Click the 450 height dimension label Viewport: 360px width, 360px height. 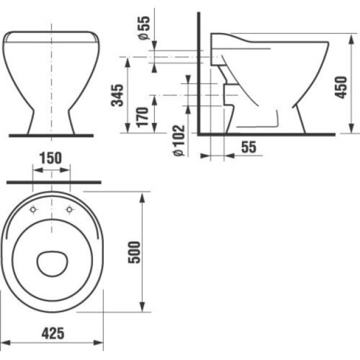[341, 88]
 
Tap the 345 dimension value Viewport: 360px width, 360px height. [117, 95]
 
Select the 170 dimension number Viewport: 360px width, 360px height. [142, 117]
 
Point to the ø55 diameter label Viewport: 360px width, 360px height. [145, 28]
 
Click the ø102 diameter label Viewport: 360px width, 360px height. [179, 140]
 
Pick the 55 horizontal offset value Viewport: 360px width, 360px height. [248, 147]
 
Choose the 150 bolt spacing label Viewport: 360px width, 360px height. [51, 158]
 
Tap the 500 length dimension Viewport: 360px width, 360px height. [134, 253]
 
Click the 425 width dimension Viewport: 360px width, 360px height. [53, 334]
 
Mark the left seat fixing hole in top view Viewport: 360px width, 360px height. [33, 209]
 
